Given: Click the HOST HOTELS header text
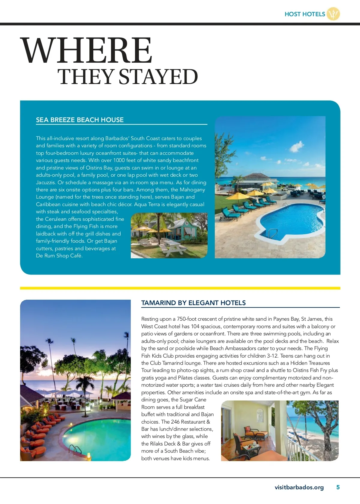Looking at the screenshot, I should (304, 14).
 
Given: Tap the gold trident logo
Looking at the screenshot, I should (333, 14).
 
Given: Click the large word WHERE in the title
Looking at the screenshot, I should (86, 50).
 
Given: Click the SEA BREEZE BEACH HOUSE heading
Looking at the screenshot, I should (80, 120).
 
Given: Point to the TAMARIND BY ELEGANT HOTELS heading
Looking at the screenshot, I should (193, 303).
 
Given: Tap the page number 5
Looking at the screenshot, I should (338, 487).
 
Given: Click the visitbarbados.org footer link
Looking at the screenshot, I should (299, 487).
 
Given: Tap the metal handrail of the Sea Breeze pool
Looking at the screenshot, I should (273, 233).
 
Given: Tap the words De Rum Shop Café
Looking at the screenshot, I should (59, 256).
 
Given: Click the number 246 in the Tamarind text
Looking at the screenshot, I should (175, 422).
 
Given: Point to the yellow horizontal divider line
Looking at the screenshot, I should (180, 288).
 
